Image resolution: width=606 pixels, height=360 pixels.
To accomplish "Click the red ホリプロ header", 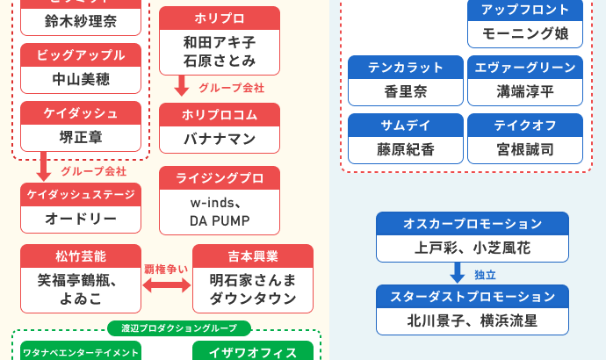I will [x=220, y=18].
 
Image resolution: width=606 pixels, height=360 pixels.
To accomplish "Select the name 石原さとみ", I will [x=220, y=61].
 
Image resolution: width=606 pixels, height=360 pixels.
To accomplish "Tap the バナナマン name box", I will [x=220, y=139].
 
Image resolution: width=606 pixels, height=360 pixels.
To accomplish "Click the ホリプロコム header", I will [x=220, y=115].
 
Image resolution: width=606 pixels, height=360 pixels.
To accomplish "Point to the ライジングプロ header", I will [x=220, y=178].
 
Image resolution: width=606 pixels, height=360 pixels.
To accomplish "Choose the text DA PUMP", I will [x=220, y=220].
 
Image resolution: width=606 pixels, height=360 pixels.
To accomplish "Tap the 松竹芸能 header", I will [x=81, y=256].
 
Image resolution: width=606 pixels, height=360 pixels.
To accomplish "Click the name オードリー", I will [x=81, y=218].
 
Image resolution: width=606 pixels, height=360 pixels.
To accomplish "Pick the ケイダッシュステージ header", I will [x=81, y=194].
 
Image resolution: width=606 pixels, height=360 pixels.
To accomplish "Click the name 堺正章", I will [x=81, y=137].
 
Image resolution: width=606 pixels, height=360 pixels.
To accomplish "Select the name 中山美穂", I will [x=81, y=80].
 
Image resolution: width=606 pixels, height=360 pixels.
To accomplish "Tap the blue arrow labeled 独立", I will [x=458, y=272].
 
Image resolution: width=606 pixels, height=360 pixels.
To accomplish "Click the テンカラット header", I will [x=405, y=67].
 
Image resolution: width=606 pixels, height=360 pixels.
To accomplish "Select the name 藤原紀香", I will [x=405, y=149].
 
